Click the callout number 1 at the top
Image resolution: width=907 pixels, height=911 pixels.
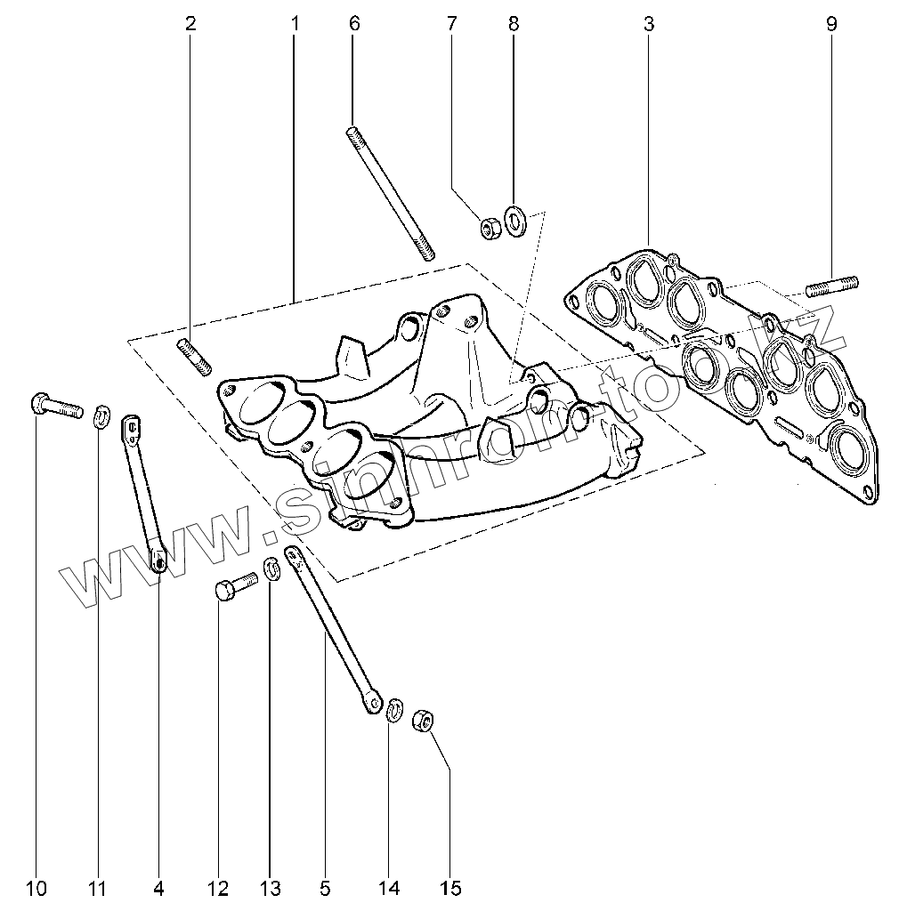pos(295,24)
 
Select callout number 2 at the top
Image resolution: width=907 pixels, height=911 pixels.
pos(190,24)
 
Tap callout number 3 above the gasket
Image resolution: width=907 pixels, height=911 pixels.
pos(648,24)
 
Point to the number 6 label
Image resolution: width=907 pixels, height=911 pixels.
pos(354,24)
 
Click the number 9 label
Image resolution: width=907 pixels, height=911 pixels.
pos(831,24)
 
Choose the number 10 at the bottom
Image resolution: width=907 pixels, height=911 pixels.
pos(36,888)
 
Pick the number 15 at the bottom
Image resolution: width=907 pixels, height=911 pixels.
pos(450,888)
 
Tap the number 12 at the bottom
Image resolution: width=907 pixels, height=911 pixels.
pos(218,888)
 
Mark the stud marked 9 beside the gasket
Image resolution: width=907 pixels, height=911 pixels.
pos(832,286)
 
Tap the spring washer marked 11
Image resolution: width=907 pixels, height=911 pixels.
pos(102,414)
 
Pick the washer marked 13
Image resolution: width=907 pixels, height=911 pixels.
pos(273,568)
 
